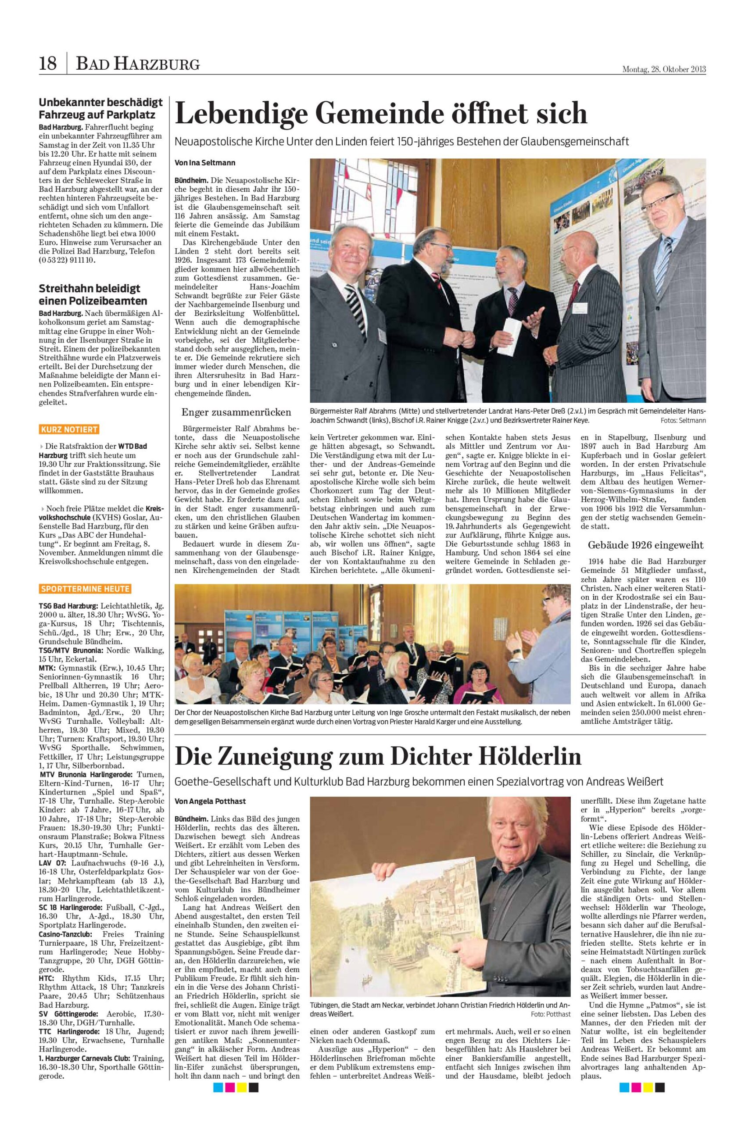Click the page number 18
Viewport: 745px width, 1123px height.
[x=48, y=63]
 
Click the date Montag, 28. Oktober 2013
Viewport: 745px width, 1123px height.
[x=664, y=69]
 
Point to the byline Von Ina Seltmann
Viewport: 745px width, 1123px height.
[x=205, y=162]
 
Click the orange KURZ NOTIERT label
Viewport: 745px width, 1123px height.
[x=69, y=430]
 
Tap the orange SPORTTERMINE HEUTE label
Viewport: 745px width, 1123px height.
[x=85, y=589]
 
